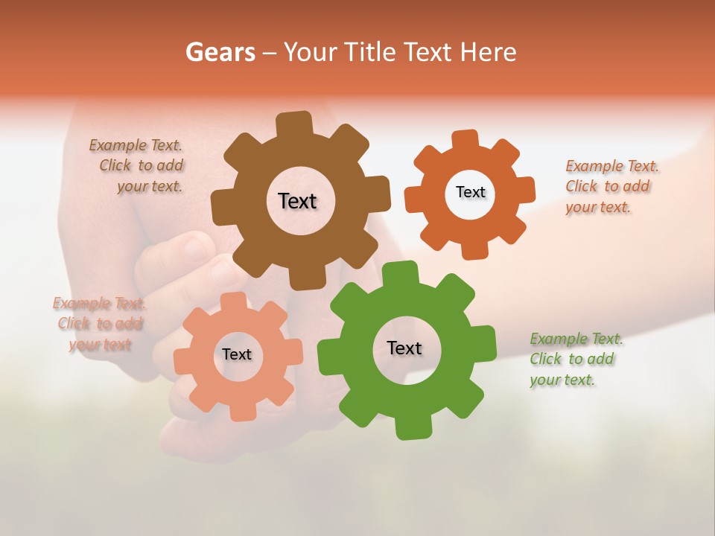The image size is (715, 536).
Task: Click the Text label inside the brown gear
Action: pyautogui.click(x=297, y=201)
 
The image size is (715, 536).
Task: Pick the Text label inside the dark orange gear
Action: pyautogui.click(x=470, y=192)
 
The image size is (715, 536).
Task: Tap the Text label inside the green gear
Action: pyautogui.click(x=404, y=348)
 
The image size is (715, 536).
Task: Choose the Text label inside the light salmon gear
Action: pyautogui.click(x=236, y=354)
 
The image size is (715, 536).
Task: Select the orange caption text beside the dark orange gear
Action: pyautogui.click(x=611, y=186)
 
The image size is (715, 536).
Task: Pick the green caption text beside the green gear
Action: pyautogui.click(x=576, y=359)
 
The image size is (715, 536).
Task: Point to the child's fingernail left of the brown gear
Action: pyautogui.click(x=196, y=246)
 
